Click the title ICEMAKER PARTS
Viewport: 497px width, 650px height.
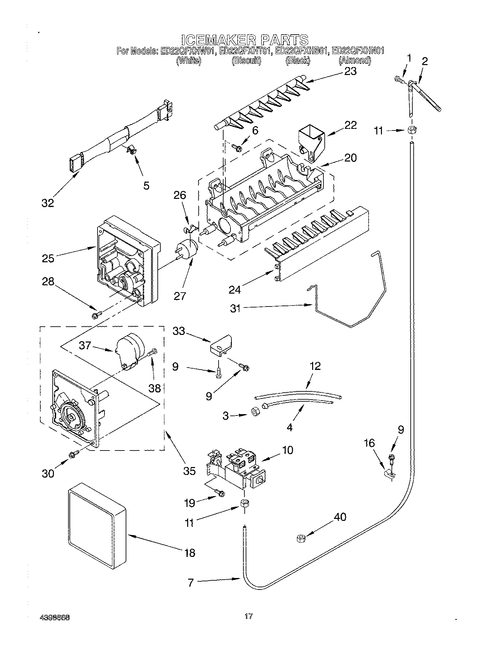(x=245, y=40)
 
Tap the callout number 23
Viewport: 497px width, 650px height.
(x=350, y=71)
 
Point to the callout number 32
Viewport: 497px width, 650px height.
(x=48, y=203)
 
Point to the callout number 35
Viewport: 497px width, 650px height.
(x=189, y=470)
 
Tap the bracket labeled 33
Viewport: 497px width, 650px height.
(x=222, y=345)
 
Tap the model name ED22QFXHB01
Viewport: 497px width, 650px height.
(x=302, y=51)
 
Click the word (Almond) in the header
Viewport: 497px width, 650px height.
(x=355, y=60)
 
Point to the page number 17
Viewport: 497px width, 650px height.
(x=249, y=616)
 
